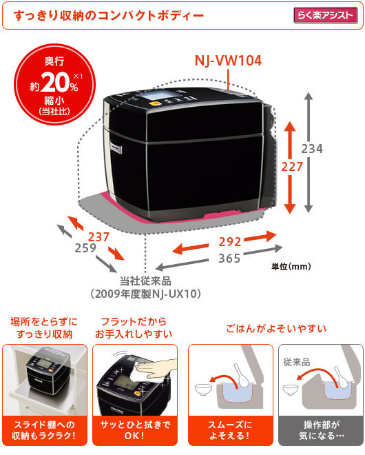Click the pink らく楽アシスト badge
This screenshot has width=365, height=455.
pos(325,15)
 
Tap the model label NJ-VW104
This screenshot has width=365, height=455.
pos(228,61)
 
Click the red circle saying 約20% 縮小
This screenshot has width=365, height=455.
pos(54,84)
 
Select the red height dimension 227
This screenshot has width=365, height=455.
pos(292,167)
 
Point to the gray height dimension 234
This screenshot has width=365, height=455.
pos(312,149)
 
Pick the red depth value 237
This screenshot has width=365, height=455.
pos(98,237)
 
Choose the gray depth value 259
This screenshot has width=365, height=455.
pos(85,247)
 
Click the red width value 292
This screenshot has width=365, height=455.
pos(230,242)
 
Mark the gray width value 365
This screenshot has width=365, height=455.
pos(229,258)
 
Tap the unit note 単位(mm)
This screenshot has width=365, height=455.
pos(291,266)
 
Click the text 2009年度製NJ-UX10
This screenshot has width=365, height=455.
pos(145,294)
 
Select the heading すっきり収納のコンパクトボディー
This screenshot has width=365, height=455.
pos(109,16)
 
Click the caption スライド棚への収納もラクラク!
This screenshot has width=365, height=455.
pos(44,429)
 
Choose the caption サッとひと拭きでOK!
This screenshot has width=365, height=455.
pos(135,429)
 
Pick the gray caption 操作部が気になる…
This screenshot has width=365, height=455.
pos(321,429)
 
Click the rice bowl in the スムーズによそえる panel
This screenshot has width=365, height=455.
pos(203,390)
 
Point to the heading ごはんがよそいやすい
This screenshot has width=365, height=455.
pos(276,328)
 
